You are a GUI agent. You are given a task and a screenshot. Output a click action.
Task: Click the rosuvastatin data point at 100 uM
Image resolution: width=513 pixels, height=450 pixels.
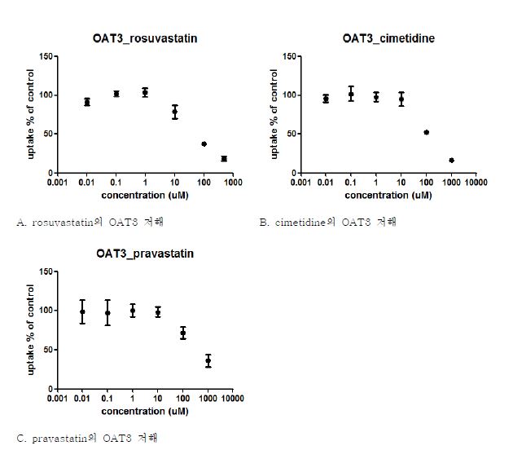point(204,143)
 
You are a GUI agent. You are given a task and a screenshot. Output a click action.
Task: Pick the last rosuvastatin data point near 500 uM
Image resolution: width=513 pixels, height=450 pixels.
point(224,158)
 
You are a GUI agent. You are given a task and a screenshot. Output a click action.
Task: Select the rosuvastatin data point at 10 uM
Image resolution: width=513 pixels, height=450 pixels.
point(174,112)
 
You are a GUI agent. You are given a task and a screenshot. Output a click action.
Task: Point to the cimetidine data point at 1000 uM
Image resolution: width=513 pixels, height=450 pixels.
point(451,160)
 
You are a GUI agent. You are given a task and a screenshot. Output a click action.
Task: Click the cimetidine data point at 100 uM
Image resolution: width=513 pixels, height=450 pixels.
point(426,132)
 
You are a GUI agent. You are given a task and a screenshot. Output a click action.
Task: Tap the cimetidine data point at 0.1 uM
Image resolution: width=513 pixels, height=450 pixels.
point(351,94)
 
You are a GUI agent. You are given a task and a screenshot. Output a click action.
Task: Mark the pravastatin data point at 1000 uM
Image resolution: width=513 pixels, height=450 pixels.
point(208,360)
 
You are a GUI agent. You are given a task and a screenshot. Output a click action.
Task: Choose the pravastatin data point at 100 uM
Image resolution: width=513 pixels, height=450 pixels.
point(183,333)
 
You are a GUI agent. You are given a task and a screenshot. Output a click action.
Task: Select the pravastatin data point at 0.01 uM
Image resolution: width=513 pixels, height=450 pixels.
point(82,311)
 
